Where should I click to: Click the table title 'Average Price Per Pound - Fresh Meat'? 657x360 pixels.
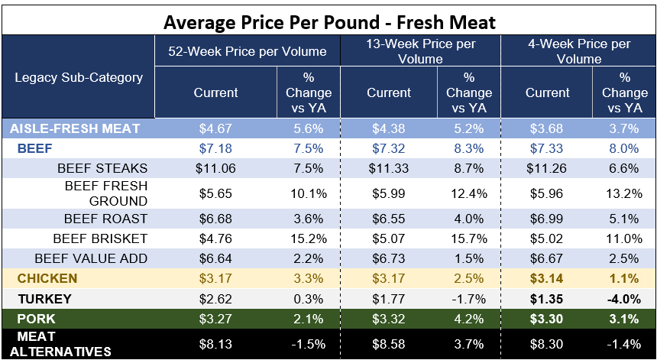(x=329, y=21)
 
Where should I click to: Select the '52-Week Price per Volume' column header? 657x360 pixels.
(x=248, y=51)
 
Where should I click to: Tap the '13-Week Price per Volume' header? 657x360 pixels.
(x=421, y=51)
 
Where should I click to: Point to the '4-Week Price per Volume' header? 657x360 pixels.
(x=580, y=51)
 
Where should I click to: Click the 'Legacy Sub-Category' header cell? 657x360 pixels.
(x=79, y=77)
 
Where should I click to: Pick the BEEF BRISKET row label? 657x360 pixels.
(x=100, y=238)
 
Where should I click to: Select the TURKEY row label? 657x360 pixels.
(x=45, y=299)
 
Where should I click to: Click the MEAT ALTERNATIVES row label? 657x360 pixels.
(x=60, y=344)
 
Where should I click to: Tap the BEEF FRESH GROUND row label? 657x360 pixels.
(x=106, y=193)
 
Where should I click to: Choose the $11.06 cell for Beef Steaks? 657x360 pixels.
(x=215, y=168)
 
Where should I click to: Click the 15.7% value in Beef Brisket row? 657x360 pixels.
(x=469, y=238)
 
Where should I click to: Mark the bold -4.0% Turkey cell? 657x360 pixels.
(x=624, y=299)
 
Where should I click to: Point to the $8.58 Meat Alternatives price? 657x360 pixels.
(x=388, y=344)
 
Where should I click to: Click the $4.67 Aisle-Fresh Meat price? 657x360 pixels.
(x=215, y=128)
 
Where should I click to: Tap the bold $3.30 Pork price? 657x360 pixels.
(x=547, y=319)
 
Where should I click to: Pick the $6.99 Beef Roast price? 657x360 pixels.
(x=547, y=219)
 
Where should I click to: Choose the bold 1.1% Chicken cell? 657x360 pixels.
(x=624, y=279)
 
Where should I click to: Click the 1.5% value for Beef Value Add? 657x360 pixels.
(x=469, y=258)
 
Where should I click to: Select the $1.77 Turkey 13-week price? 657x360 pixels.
(x=388, y=299)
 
